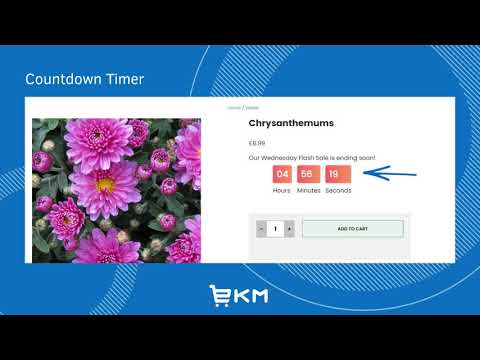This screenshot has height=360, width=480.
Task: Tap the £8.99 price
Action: coord(258,143)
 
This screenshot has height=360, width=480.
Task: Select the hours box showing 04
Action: coord(282,174)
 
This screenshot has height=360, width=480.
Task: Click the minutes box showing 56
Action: coord(308,174)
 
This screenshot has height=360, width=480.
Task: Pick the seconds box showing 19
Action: coord(338,174)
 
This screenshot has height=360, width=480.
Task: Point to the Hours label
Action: coord(282,190)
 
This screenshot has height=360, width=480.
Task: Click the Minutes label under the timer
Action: coord(308,190)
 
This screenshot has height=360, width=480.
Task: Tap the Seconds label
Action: coord(338,190)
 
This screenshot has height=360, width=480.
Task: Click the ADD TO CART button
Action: coord(352,229)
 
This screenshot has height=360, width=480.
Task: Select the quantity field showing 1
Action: coord(275,229)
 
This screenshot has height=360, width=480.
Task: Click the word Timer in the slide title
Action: coord(129,79)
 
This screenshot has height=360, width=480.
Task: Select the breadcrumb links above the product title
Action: coord(243,107)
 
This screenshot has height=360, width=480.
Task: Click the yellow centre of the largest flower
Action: coord(104,184)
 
